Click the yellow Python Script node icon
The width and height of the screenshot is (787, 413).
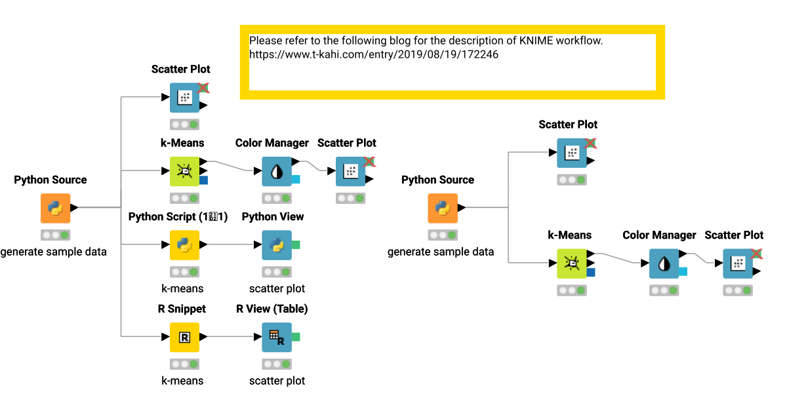(184, 245)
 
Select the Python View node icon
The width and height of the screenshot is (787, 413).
(276, 245)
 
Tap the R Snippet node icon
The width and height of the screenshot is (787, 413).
(184, 337)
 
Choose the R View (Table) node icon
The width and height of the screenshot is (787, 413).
(276, 337)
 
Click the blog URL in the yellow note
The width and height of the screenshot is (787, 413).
(373, 54)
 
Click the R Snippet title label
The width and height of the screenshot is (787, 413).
(182, 309)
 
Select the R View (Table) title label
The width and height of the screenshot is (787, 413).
(272, 309)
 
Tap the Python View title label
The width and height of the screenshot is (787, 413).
(273, 217)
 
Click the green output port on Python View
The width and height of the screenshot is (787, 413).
(296, 245)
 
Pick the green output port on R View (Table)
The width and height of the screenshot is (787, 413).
(296, 337)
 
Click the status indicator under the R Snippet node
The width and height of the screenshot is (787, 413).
(184, 364)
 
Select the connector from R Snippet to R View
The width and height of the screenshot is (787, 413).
(230, 337)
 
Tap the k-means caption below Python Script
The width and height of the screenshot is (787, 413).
(182, 288)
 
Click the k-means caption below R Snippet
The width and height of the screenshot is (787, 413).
(182, 380)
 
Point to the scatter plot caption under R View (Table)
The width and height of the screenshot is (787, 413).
(277, 380)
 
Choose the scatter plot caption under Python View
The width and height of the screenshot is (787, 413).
(277, 288)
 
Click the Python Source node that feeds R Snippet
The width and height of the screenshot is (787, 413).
(55, 208)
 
